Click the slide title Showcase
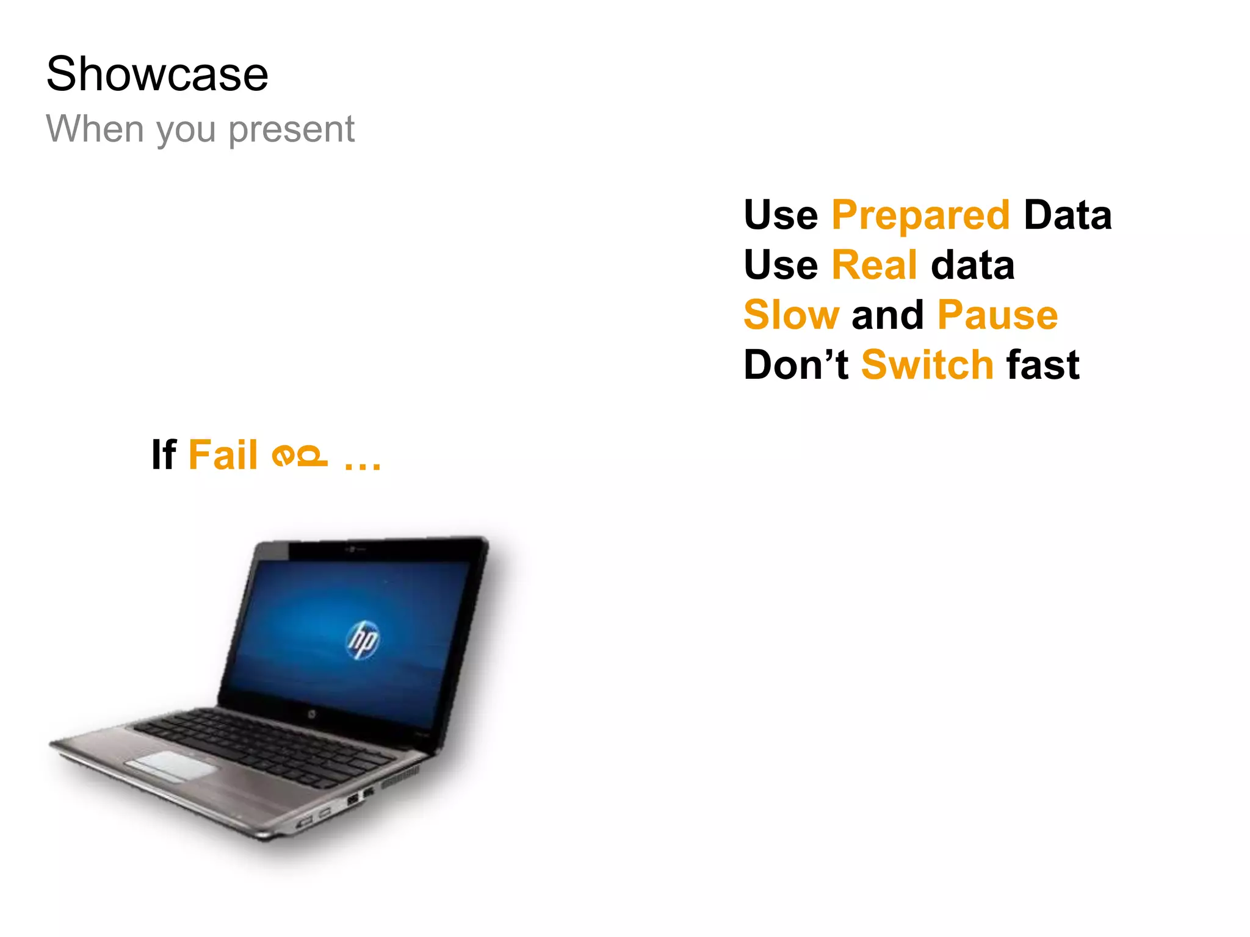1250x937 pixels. point(157,74)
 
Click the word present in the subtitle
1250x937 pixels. point(291,130)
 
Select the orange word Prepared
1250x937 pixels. point(920,215)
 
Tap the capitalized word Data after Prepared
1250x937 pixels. point(1068,215)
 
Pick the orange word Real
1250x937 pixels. point(874,265)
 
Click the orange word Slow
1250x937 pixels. point(792,315)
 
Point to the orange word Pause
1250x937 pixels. point(997,315)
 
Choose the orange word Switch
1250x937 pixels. point(928,365)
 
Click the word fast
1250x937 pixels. point(1043,365)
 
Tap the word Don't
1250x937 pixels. point(796,365)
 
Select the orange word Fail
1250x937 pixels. point(223,455)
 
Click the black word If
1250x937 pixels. point(164,455)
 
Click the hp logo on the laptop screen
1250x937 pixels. point(364,640)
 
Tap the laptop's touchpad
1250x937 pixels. point(171,765)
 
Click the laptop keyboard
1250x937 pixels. point(269,744)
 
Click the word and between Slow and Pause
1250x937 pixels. point(887,315)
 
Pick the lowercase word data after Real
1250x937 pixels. point(972,265)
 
